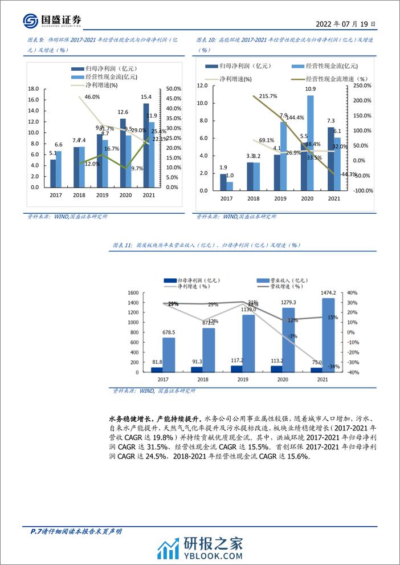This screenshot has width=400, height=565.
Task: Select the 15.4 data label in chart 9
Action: coord(146,97)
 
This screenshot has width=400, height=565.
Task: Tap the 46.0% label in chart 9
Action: coord(92,97)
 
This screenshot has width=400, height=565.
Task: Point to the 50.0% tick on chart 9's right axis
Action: coord(173,88)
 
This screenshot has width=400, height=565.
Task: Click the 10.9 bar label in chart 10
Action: coord(311,89)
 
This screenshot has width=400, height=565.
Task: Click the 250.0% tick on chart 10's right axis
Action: coord(363,86)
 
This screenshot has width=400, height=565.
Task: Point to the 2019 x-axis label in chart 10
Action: coord(280,198)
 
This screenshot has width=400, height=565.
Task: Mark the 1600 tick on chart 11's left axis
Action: coord(133,293)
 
